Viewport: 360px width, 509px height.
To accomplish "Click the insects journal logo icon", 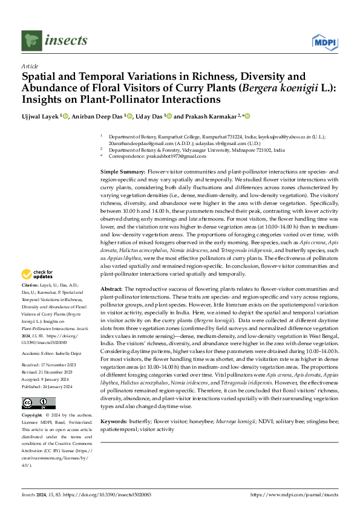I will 31,41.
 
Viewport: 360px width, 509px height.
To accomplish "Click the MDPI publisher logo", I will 325,42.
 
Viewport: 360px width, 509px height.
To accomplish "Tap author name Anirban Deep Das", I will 97,115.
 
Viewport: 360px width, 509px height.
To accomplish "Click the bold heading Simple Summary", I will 123,172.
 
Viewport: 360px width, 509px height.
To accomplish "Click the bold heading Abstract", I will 112,289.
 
